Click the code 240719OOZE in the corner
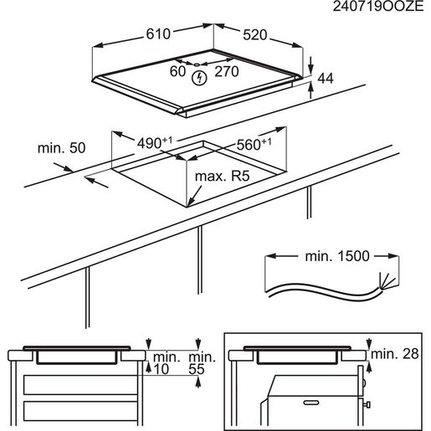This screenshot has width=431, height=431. point(378,7)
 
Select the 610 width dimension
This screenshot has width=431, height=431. point(158,34)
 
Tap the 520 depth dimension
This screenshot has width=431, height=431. point(255,35)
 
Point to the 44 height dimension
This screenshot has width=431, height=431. point(326,79)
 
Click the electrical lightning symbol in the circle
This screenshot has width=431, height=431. point(199,78)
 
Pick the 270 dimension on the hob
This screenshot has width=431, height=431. point(227,71)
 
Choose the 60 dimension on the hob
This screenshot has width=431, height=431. point(177,71)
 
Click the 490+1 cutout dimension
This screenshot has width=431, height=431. point(155,143)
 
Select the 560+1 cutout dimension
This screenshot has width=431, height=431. point(254,144)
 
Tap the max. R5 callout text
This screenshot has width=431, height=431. point(222,177)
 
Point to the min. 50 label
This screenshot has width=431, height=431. point(61,148)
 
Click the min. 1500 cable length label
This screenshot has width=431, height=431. point(337,256)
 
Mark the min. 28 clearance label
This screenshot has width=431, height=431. point(395,354)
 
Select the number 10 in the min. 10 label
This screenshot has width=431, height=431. point(161,369)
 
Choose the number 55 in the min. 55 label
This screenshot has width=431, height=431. point(197,369)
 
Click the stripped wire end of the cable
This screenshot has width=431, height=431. point(387,281)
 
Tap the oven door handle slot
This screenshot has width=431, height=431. point(311,403)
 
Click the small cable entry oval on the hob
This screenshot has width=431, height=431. point(197,64)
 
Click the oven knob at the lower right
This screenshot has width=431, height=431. point(367,404)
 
